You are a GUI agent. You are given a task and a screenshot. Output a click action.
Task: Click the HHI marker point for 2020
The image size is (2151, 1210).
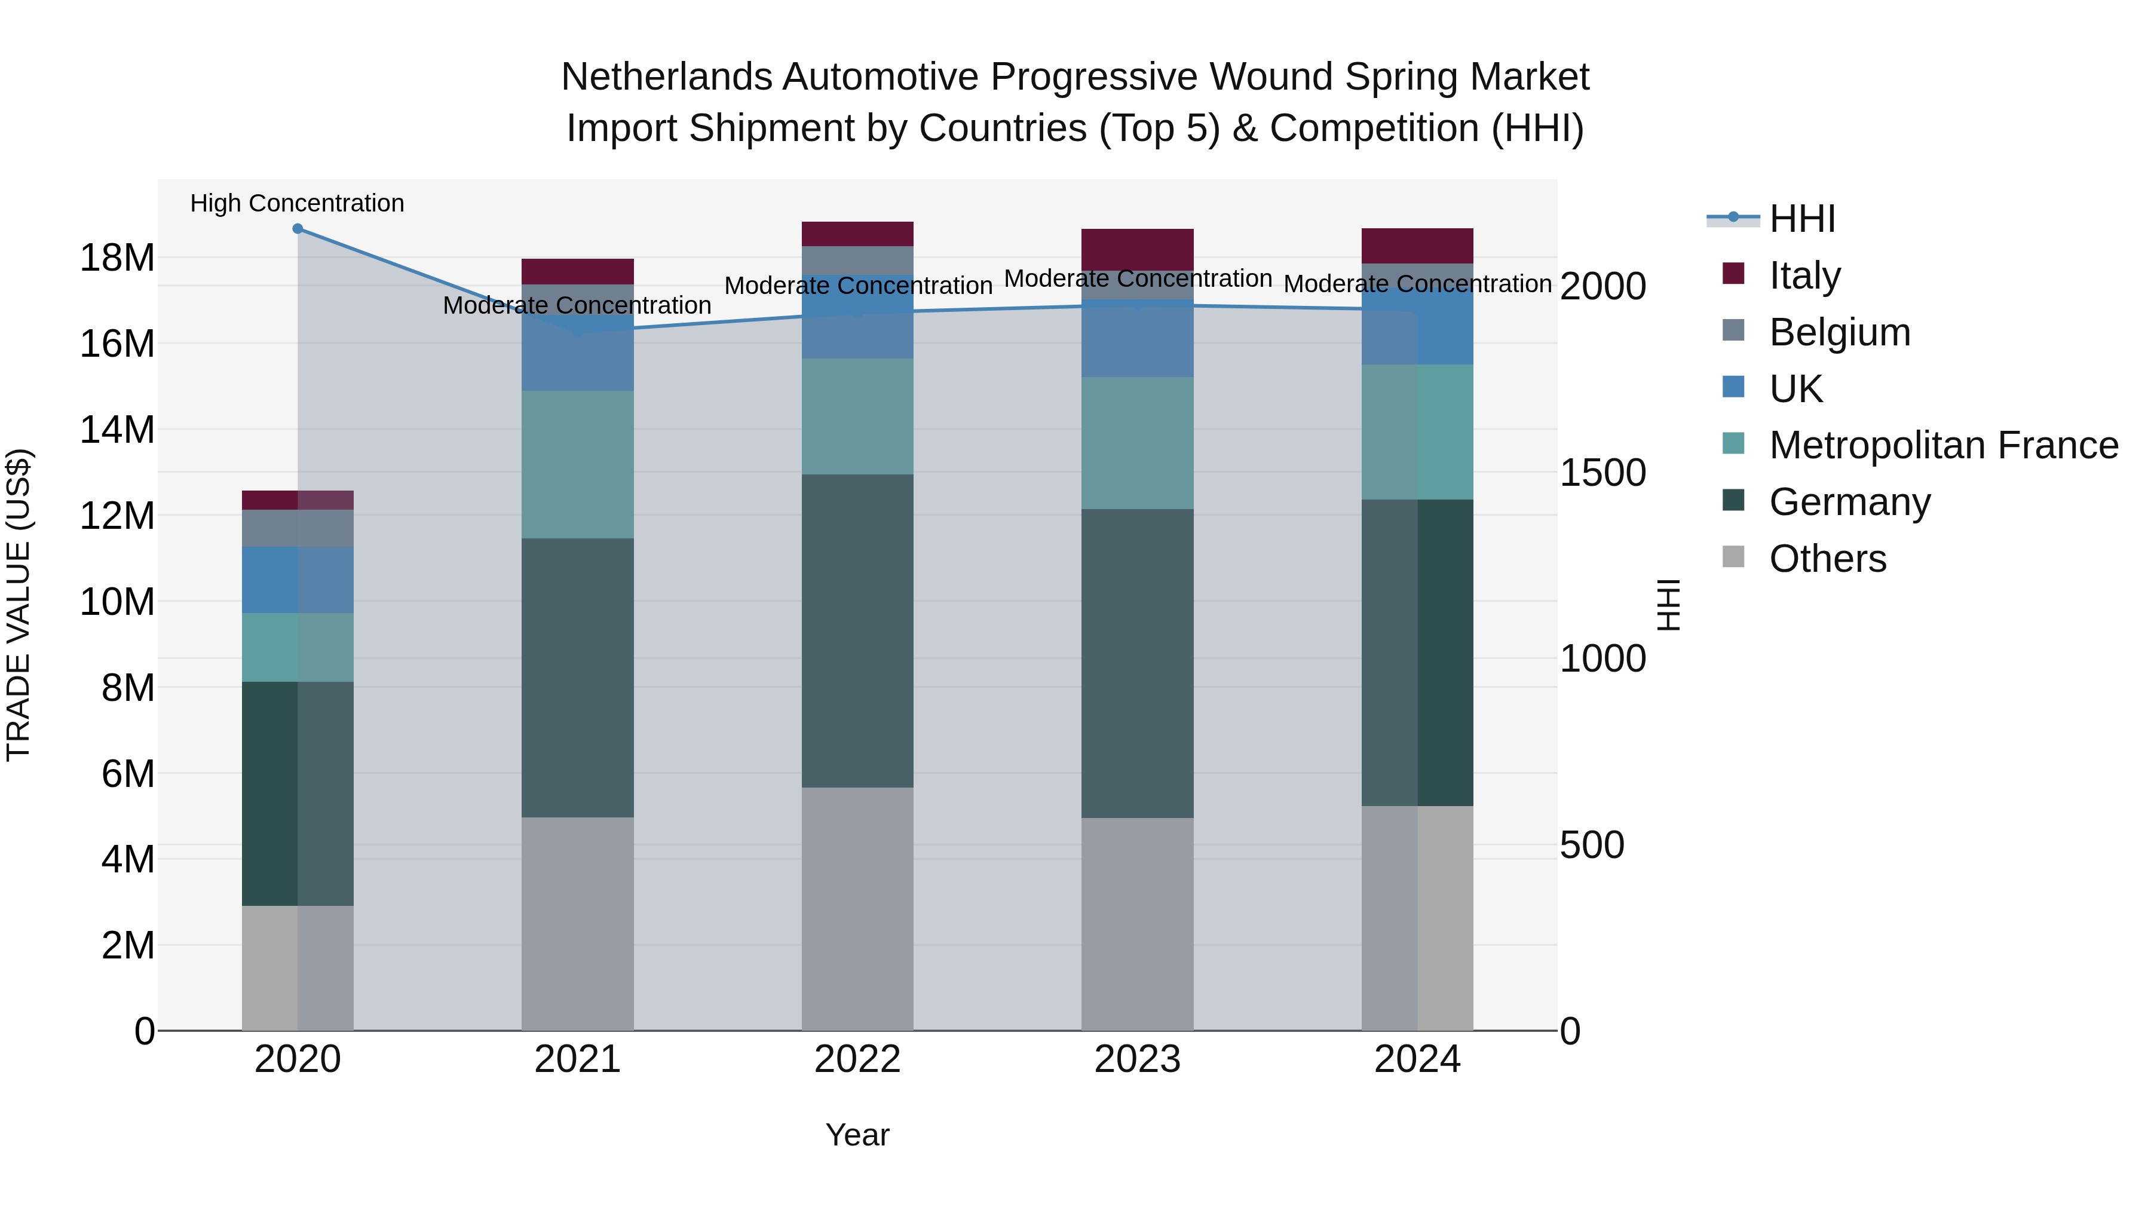298,229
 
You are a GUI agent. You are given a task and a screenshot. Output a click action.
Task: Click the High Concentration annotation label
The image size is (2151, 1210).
298,203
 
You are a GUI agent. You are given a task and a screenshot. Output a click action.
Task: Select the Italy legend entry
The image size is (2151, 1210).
1804,275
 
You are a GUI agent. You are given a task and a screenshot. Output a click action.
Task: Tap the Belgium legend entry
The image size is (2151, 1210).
1839,332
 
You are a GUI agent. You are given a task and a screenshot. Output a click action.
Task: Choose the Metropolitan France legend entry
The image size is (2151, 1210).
1943,445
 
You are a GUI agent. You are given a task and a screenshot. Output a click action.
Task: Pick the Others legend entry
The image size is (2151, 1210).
1827,559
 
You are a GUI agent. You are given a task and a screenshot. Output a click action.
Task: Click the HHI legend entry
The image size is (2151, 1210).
1802,219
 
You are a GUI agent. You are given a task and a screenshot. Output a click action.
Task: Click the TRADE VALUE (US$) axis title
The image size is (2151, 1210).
19,605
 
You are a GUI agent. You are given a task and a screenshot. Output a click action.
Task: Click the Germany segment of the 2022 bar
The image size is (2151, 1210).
857,630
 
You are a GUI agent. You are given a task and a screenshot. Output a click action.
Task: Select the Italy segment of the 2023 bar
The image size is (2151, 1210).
1137,248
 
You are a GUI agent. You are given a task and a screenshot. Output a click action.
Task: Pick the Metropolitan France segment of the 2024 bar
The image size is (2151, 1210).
1417,432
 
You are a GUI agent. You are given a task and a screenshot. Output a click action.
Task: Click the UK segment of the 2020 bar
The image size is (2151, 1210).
298,580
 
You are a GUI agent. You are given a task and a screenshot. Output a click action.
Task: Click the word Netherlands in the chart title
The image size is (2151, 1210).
666,78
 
